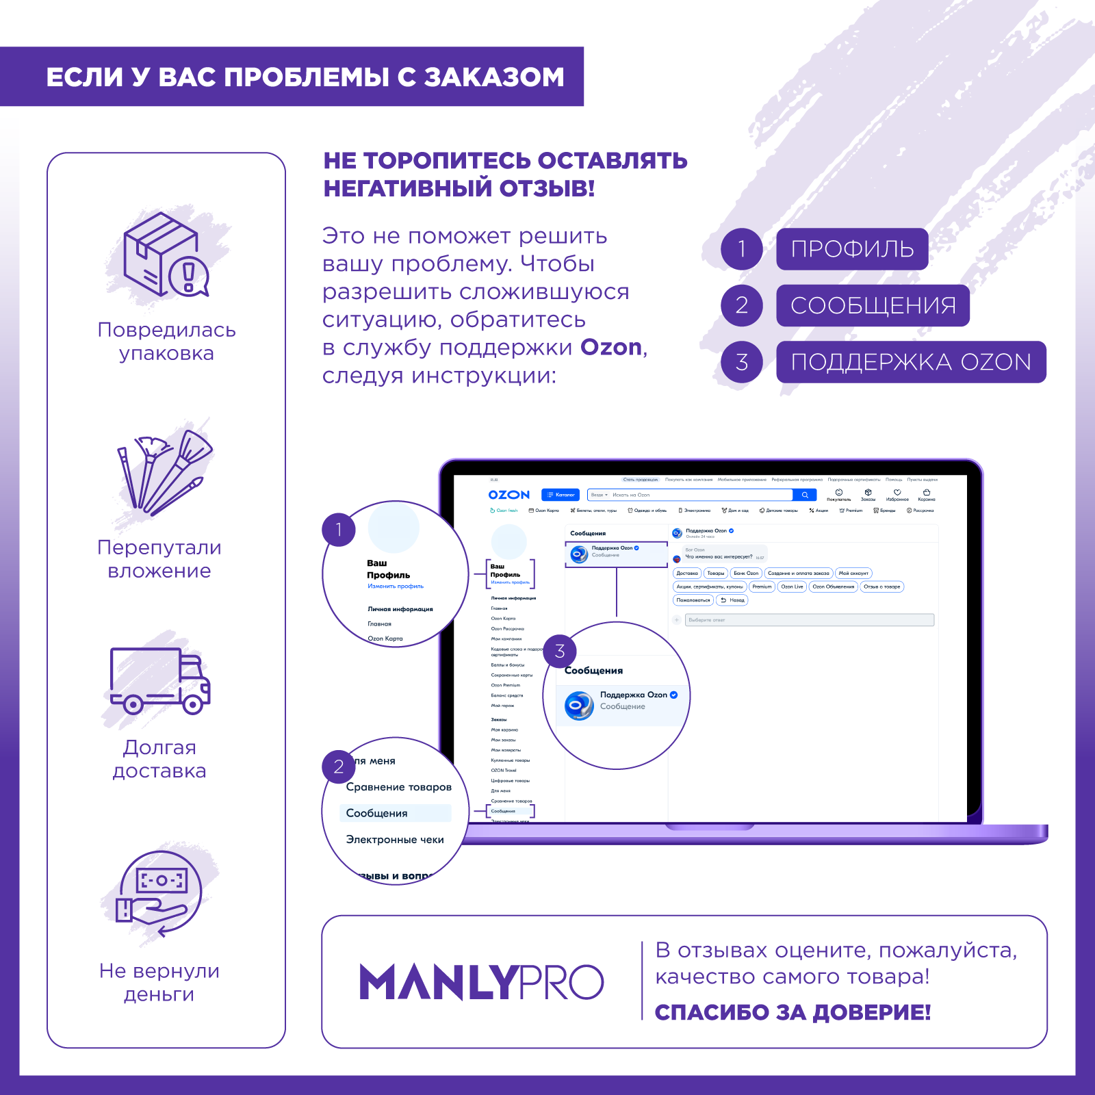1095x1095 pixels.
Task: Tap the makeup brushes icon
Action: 165,473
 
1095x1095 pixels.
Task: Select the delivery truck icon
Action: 160,680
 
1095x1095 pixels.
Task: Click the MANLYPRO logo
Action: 481,982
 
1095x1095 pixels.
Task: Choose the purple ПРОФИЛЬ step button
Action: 852,249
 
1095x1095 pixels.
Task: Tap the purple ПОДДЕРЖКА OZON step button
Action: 911,362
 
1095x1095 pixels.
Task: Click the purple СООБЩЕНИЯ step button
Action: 873,306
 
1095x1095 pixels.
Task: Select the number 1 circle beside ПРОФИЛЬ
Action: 742,249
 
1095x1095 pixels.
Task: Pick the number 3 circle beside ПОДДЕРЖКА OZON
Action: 742,362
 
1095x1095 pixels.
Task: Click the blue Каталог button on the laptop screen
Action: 561,495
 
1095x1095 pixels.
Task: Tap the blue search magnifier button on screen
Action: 805,495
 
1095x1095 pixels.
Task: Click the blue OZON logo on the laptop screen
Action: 509,495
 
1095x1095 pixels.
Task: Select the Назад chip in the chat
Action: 732,600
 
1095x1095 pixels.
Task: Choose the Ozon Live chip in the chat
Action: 792,587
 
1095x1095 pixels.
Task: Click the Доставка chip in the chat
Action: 687,574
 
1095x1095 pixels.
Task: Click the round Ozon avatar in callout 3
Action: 580,706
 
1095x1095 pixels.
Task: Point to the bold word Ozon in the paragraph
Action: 611,348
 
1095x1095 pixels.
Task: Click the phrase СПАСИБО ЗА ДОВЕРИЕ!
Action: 793,1012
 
